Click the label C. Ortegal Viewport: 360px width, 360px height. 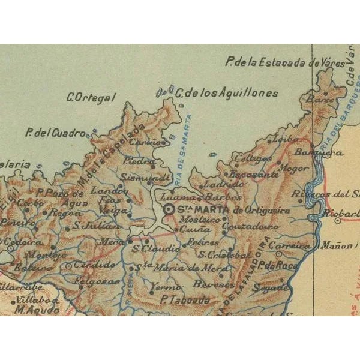pos(91,96)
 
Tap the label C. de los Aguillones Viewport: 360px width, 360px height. pos(226,93)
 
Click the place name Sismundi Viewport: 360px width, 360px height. pos(137,178)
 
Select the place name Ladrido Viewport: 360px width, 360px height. pos(215,184)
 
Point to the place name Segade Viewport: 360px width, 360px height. pos(268,287)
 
